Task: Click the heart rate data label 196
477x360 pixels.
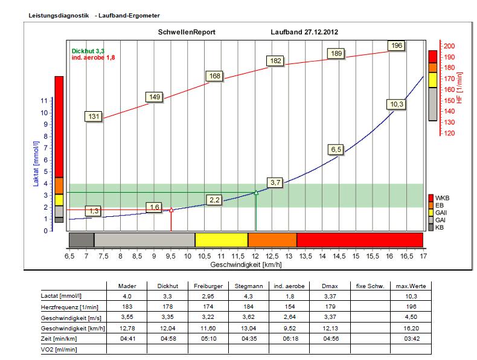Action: click(x=396, y=46)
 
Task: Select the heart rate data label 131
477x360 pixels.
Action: click(x=94, y=117)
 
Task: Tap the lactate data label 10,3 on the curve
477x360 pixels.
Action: click(x=396, y=104)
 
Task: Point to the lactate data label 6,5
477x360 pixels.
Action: click(x=336, y=149)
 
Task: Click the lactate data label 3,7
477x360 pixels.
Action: click(x=275, y=182)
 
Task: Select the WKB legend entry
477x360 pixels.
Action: click(x=442, y=198)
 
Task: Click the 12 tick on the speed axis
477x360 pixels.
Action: click(x=255, y=257)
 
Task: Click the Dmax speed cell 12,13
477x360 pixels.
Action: click(x=330, y=328)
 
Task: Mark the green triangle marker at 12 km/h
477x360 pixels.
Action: click(x=256, y=193)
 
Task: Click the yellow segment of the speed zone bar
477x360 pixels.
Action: click(x=221, y=239)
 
